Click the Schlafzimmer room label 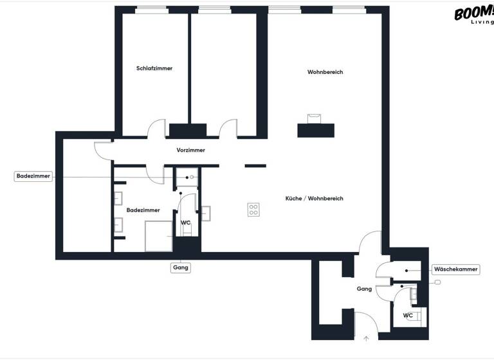154,68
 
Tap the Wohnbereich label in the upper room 325,72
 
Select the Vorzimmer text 191,150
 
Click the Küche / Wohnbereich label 315,199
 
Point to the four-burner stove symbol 254,210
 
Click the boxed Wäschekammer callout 455,269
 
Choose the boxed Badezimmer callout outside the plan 33,176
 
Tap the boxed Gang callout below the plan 181,267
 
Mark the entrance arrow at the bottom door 367,337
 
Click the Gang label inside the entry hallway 364,289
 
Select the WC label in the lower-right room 408,316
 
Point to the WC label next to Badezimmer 185,222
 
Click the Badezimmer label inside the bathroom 143,210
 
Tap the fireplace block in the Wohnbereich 316,129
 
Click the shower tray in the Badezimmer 159,236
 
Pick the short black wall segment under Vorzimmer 255,165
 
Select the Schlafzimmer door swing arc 157,129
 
